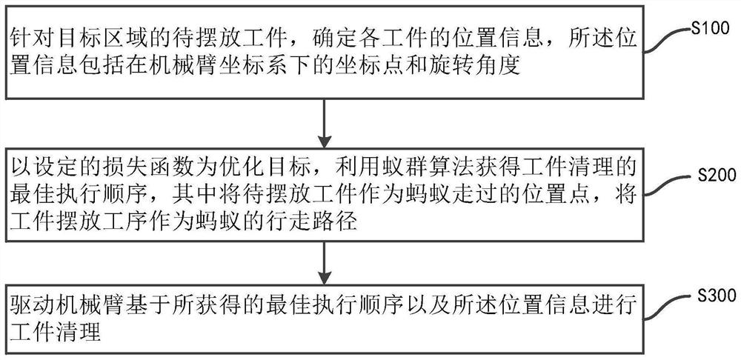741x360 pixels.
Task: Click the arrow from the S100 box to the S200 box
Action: [325, 123]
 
